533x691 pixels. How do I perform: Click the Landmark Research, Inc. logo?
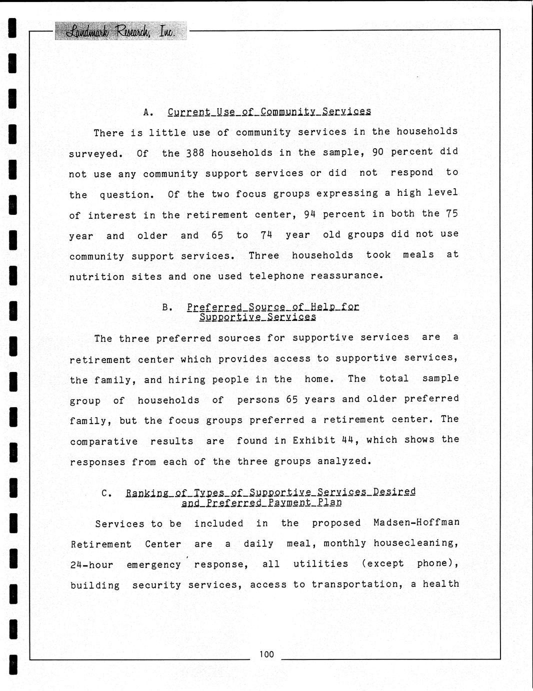pyautogui.click(x=120, y=32)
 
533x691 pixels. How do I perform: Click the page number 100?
pyautogui.click(x=266, y=654)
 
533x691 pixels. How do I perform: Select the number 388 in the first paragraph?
pyautogui.click(x=195, y=153)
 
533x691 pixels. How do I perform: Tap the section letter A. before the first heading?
pyautogui.click(x=148, y=112)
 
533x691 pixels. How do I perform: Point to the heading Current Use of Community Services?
pyautogui.click(x=269, y=112)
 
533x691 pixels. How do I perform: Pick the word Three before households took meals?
pyautogui.click(x=264, y=255)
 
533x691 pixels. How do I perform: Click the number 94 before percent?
pyautogui.click(x=310, y=214)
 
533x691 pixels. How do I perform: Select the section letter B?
pyautogui.click(x=167, y=307)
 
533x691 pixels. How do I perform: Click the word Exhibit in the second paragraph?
pyautogui.click(x=313, y=441)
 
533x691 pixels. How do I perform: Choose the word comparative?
pyautogui.click(x=103, y=442)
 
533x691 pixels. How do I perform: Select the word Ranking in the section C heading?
pyautogui.click(x=147, y=493)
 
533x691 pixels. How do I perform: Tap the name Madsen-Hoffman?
pyautogui.click(x=416, y=522)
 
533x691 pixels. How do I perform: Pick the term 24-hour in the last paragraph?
pyautogui.click(x=91, y=565)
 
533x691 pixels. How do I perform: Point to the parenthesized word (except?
pyautogui.click(x=382, y=564)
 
